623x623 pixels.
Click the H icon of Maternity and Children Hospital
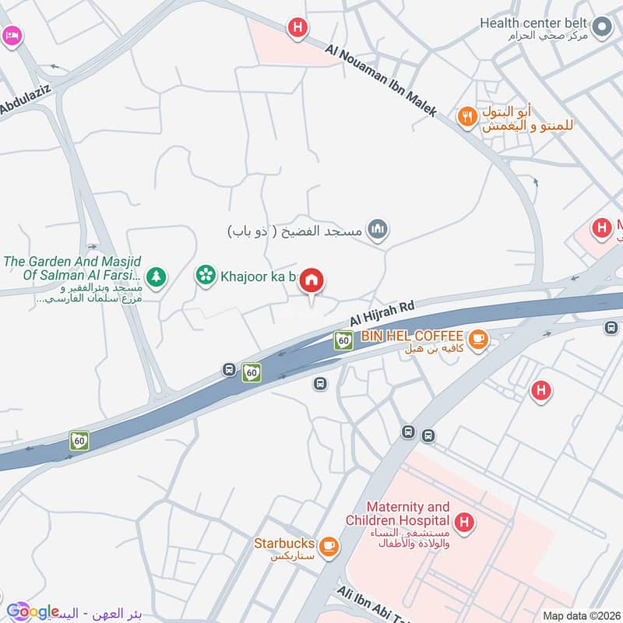coord(464,521)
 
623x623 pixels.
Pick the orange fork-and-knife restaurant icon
coord(466,117)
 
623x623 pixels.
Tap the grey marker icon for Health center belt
coord(600,29)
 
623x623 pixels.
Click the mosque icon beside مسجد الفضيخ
coord(378,229)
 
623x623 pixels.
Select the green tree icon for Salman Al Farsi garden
coord(157,276)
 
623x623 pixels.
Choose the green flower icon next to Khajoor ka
coord(206,275)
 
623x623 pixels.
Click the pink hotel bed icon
coord(10,36)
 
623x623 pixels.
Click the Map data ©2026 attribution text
coord(580,615)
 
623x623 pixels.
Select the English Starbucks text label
coord(284,543)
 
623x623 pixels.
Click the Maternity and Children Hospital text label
coord(399,513)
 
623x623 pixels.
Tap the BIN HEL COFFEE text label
coord(412,336)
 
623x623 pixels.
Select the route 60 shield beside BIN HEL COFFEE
coord(342,340)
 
